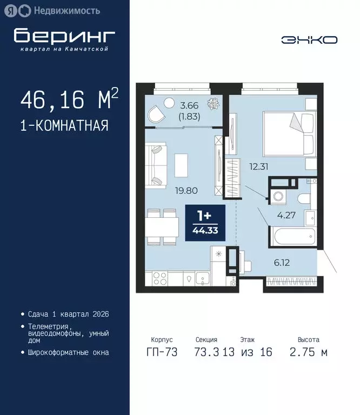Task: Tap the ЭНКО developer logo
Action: pyautogui.click(x=309, y=39)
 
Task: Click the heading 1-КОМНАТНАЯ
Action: pyautogui.click(x=64, y=126)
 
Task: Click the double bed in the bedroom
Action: pyautogui.click(x=288, y=132)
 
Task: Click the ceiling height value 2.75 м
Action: pyautogui.click(x=309, y=352)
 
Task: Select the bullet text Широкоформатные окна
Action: pyautogui.click(x=68, y=352)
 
